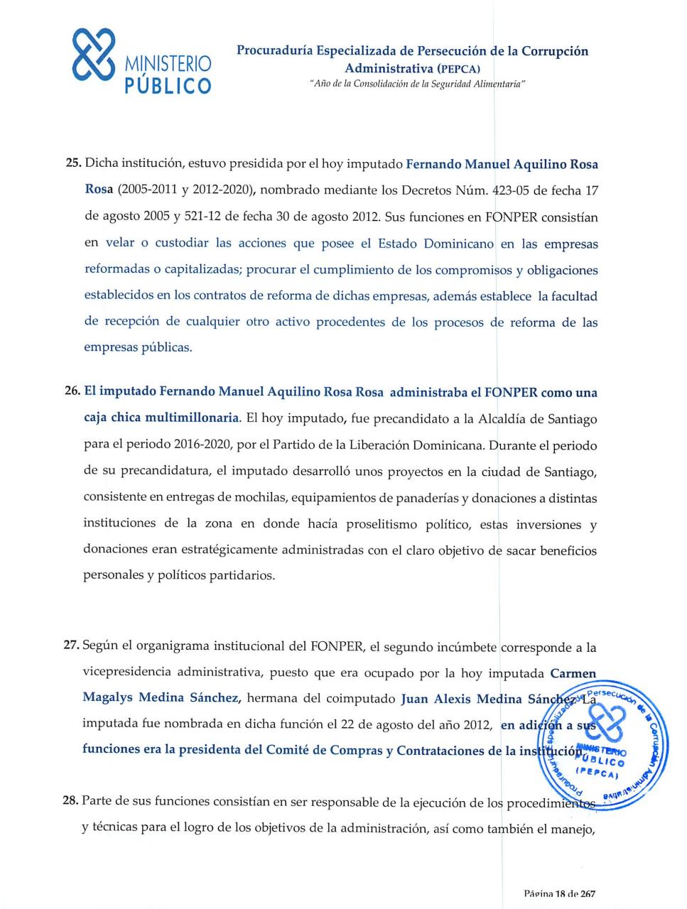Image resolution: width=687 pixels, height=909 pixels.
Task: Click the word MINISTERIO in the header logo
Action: (x=168, y=64)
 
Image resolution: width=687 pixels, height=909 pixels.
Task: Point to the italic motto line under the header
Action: (x=417, y=84)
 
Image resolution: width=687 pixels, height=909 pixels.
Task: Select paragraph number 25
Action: (x=73, y=164)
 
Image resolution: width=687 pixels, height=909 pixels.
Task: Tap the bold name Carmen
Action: (x=573, y=673)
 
